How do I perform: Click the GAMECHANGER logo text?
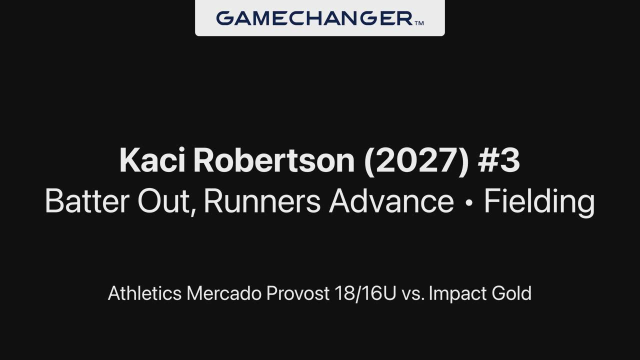click(314, 18)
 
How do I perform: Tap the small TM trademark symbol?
click(419, 23)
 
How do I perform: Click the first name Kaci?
click(152, 160)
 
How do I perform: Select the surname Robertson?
click(274, 160)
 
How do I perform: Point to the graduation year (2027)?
click(416, 161)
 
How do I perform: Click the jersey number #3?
click(499, 160)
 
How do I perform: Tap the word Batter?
click(87, 201)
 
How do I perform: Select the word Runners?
click(262, 201)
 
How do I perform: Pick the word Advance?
click(391, 201)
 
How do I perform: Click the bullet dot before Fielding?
click(469, 202)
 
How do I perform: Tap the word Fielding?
click(539, 202)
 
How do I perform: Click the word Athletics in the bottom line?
click(145, 293)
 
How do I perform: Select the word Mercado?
click(224, 293)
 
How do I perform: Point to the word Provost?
click(298, 293)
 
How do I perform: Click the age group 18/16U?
click(365, 293)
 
